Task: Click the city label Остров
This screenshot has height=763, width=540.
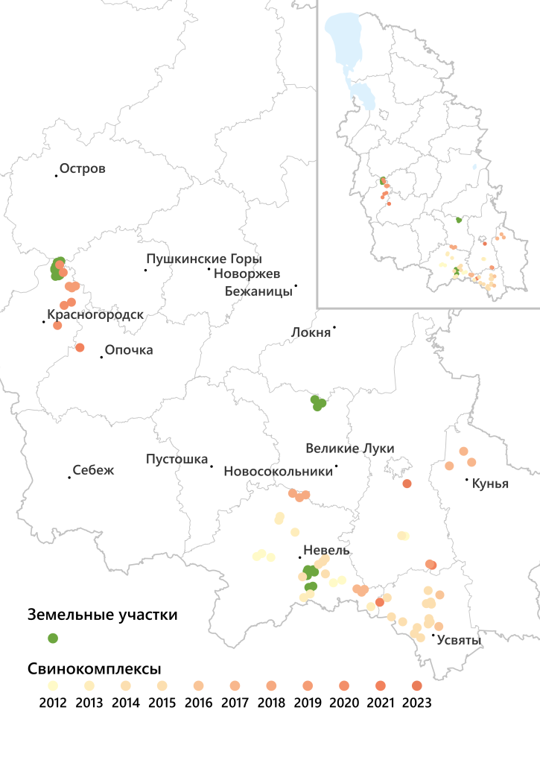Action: [x=83, y=169]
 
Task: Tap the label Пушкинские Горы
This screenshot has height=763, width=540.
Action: [x=204, y=259]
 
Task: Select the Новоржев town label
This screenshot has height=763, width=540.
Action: [x=247, y=274]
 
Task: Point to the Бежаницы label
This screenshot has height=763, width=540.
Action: [x=258, y=291]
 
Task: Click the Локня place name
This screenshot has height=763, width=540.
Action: [x=311, y=332]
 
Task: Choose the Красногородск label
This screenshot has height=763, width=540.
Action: [x=95, y=315]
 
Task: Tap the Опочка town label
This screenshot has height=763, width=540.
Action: [x=129, y=350]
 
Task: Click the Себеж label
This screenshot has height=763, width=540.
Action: [x=94, y=471]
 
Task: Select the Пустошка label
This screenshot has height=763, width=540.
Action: [x=177, y=460]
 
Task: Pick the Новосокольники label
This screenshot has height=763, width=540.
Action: [x=278, y=472]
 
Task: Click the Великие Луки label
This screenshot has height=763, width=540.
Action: [x=350, y=449]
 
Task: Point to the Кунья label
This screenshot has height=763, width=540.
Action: [x=490, y=484]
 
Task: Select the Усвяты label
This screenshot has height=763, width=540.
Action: [x=459, y=640]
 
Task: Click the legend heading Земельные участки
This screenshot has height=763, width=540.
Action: [x=103, y=615]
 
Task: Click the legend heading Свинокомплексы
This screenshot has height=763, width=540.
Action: [x=95, y=668]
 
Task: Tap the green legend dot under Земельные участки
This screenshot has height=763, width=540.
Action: [x=53, y=638]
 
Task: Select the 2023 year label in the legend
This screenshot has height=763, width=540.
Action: [x=416, y=702]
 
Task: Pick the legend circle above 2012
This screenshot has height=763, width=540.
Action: [x=53, y=686]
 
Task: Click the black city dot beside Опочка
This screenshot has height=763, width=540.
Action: [x=101, y=358]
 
